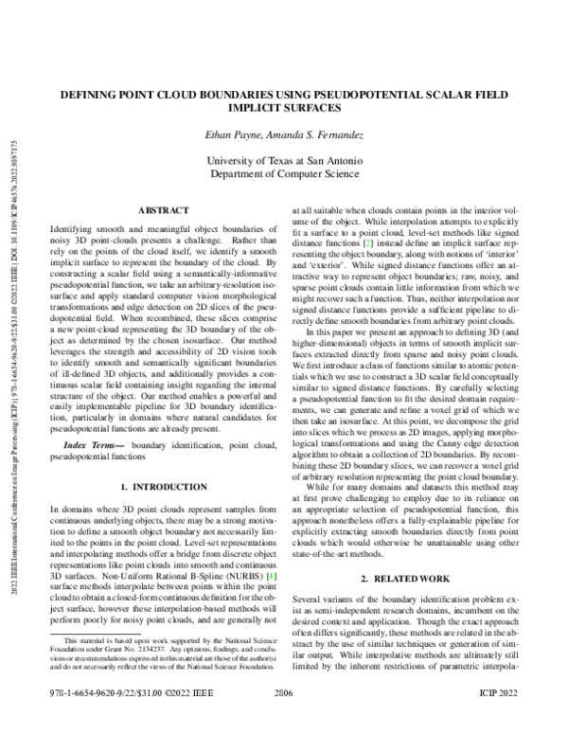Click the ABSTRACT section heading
(x=165, y=209)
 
